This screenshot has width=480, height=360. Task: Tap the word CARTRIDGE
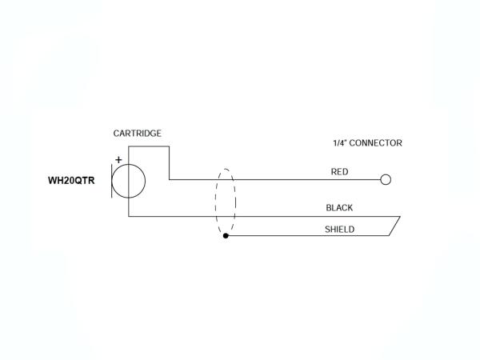point(137,133)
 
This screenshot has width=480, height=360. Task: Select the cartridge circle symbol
point(128,181)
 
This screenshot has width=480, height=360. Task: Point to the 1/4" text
point(342,143)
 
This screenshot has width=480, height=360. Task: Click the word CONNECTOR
point(376,143)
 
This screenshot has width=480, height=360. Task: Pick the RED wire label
point(339,171)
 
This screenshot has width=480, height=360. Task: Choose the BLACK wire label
point(339,208)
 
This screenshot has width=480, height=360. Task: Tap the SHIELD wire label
point(339,229)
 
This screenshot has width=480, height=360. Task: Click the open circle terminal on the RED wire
point(386,179)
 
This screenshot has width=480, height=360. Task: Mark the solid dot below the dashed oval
point(226,237)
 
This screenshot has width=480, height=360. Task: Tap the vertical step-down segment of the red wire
point(169,163)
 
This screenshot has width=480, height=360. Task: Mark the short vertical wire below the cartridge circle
point(128,207)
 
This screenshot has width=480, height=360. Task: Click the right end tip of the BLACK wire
point(399,217)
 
